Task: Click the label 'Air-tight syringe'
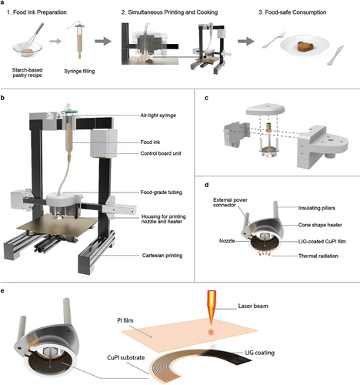pos(158,115)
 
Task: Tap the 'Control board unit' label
pos(161,153)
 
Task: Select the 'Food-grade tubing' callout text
pos(161,192)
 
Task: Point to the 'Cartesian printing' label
pos(162,256)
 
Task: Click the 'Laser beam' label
pos(253,306)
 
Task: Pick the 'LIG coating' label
pos(259,353)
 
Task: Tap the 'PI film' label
pos(125,320)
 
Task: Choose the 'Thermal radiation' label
pos(318,256)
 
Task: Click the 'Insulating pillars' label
pos(316,208)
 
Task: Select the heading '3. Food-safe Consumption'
pos(292,12)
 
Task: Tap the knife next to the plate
pos(335,55)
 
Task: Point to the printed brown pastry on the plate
pos(305,47)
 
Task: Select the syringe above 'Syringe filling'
pos(79,40)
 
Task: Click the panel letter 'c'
pos(206,98)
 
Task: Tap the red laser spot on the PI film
pos(211,332)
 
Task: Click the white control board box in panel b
pos(104,143)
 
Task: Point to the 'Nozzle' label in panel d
pos(227,241)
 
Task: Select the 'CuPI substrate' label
pos(125,357)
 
